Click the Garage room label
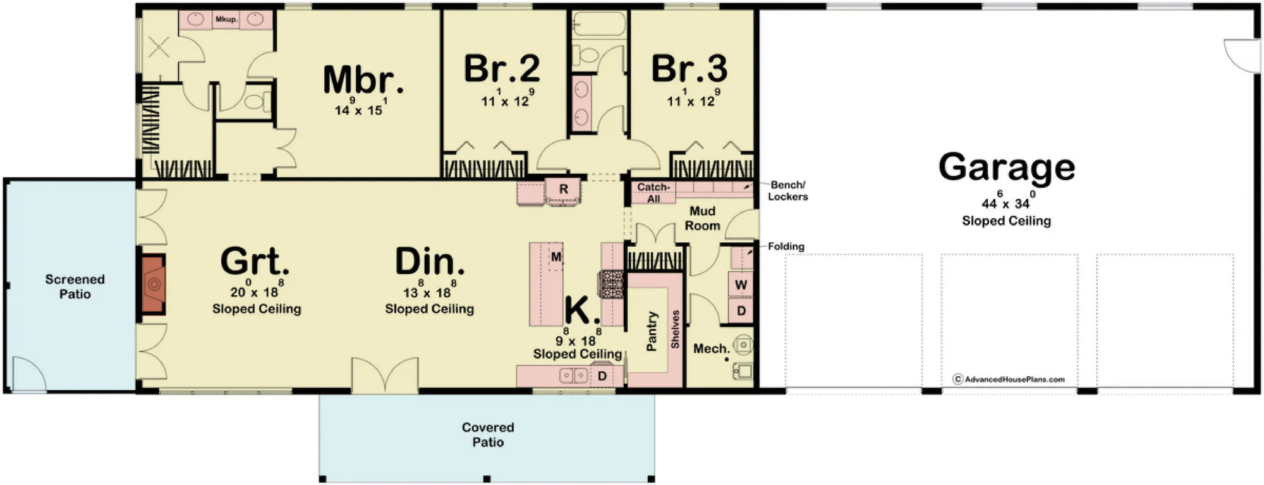1006,168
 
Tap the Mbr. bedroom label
363,80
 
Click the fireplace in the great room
152,284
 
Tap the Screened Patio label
75,286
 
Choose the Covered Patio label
488,434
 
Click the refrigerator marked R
563,189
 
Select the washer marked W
741,285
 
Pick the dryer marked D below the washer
741,311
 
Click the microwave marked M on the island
556,257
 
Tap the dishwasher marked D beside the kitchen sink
602,376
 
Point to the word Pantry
652,331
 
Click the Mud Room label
702,218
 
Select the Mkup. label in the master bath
226,20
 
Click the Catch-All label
653,193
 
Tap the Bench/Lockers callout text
787,191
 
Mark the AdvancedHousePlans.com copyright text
1009,379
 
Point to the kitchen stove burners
612,284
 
